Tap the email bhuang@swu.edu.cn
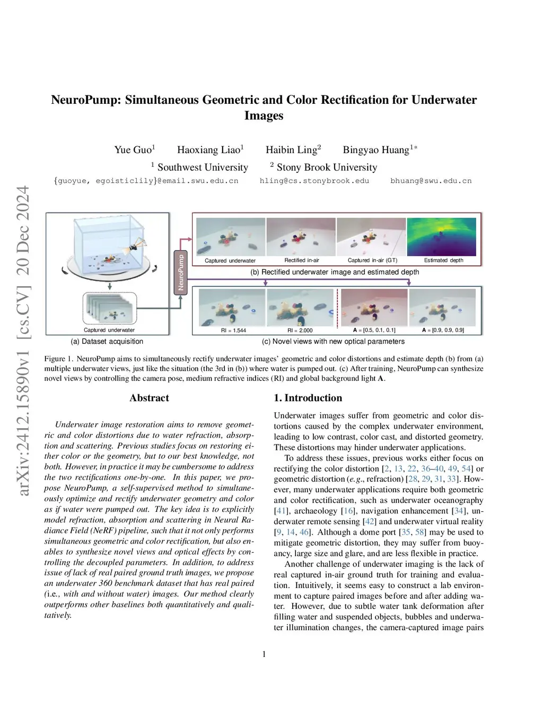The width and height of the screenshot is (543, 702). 431,181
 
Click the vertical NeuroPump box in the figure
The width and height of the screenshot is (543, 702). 181,272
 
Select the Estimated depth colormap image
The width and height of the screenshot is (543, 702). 442,237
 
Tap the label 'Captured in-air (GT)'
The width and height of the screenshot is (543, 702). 372,260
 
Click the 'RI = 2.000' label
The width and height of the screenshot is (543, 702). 300,330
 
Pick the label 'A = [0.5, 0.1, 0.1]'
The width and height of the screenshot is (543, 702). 374,330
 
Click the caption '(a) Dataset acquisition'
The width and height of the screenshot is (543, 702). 107,342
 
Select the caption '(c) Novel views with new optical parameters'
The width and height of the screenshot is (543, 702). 334,342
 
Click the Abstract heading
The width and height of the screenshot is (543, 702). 149,398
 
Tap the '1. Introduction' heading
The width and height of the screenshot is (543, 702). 308,398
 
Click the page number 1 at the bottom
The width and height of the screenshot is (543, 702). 264,654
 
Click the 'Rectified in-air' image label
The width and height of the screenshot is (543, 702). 302,260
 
